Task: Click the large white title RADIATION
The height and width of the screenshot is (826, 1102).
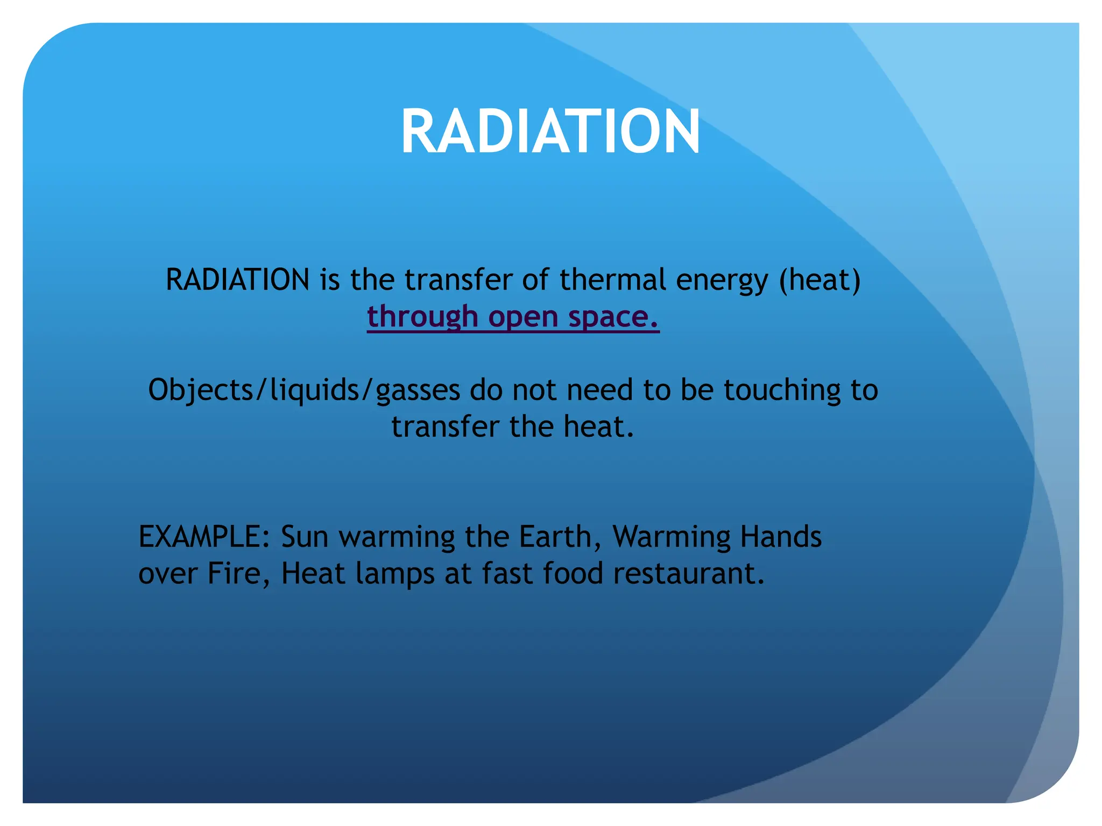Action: (x=550, y=132)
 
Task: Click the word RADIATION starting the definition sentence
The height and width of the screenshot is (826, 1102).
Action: (x=237, y=280)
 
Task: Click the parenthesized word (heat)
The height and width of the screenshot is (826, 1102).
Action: (x=820, y=281)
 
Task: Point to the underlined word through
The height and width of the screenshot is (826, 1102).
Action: (x=422, y=317)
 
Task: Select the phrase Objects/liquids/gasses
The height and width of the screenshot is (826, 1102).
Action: (x=304, y=390)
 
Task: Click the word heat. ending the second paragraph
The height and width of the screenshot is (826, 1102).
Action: (x=599, y=427)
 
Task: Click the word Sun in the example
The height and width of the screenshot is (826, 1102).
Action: (x=305, y=537)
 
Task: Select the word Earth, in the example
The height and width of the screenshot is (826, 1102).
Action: (x=560, y=537)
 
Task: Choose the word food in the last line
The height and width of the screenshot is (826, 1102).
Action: (x=573, y=573)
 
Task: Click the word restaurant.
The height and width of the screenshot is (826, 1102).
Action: (x=689, y=573)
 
